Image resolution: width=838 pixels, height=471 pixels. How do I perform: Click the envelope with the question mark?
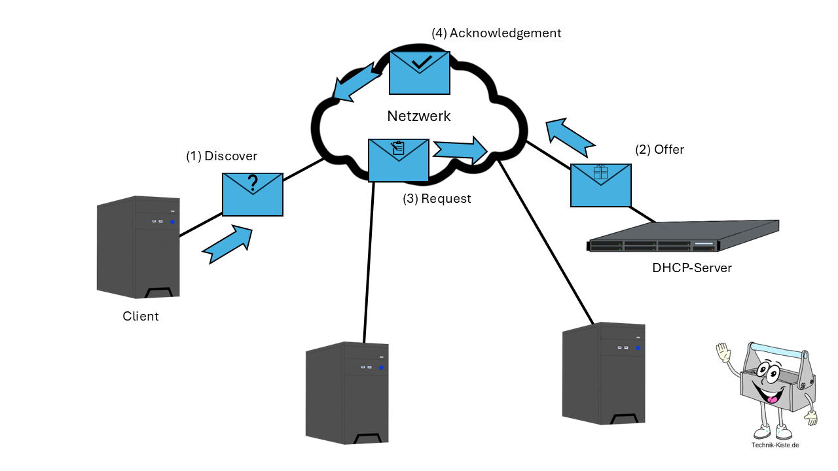[x=253, y=194]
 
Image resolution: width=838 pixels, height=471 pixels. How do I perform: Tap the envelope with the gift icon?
[x=601, y=185]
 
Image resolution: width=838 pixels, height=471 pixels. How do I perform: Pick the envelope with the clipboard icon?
[x=399, y=160]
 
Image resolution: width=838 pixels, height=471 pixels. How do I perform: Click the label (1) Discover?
[x=221, y=156]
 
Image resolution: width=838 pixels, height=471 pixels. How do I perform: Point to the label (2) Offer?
[x=659, y=150]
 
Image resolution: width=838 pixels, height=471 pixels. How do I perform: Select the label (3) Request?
[x=437, y=198]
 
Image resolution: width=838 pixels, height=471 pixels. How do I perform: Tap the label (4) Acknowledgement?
[x=496, y=33]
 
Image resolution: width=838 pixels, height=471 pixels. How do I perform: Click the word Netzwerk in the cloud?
[x=419, y=116]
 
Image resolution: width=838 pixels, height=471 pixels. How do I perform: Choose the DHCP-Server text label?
[x=692, y=268]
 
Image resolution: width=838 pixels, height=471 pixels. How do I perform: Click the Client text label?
[x=141, y=317]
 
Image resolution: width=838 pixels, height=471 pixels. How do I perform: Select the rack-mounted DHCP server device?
[x=683, y=237]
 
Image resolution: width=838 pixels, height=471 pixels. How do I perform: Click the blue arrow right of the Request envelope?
[x=460, y=149]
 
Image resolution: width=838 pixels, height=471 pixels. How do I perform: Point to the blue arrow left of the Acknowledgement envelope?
[x=356, y=85]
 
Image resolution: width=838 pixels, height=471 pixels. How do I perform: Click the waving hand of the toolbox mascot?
[x=722, y=353]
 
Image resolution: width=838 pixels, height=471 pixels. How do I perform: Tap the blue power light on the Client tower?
[x=173, y=222]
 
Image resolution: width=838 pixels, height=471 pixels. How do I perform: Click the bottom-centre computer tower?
[x=347, y=392]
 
